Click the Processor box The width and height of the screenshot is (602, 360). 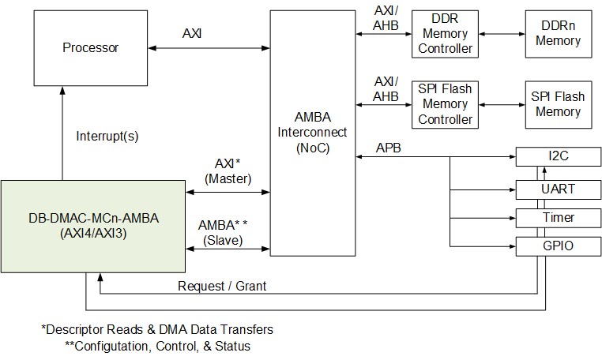pos(90,47)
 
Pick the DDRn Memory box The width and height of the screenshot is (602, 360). pos(558,33)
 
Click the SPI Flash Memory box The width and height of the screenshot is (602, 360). pos(558,104)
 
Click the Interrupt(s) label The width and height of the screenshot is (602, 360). pos(107,136)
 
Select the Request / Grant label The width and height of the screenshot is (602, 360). pos(221,286)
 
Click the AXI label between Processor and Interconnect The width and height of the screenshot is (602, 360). pos(192,34)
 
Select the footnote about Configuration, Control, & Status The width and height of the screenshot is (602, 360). pos(158,346)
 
